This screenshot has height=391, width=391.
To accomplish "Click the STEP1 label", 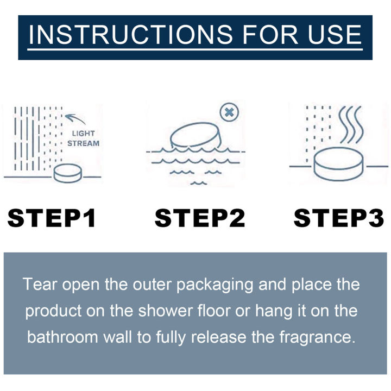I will (52, 218).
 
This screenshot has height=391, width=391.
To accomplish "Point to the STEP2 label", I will (200, 218).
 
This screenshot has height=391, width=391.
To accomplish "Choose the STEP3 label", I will (339, 218).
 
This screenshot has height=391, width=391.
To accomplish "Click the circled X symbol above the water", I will (229, 113).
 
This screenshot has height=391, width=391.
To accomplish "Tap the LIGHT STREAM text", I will (85, 138).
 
